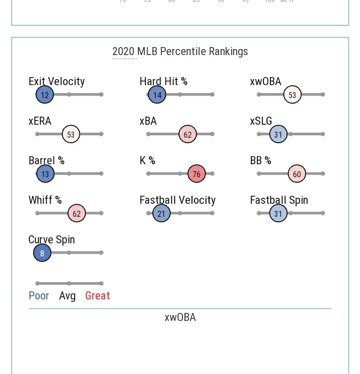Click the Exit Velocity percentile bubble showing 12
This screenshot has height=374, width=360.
44,95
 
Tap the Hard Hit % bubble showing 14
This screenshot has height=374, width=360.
157,95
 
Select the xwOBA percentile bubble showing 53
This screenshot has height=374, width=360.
292,95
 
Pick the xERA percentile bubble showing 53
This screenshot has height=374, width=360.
71,134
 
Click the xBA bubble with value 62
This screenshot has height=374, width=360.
187,134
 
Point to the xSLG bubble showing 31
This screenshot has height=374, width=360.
278,134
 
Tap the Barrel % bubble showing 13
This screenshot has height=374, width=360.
45,174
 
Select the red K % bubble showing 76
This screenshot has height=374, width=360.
196,174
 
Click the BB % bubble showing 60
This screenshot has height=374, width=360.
296,174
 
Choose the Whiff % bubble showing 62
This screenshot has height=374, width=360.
76,213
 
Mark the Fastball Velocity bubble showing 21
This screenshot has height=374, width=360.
161,213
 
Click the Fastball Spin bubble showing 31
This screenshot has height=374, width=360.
278,213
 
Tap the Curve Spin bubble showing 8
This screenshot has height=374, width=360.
42,253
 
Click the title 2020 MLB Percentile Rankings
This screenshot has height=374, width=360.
180,52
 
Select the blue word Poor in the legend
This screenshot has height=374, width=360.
38,296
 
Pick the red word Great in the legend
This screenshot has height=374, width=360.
97,296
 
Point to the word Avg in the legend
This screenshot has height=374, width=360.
67,296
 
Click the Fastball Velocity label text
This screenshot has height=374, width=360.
177,200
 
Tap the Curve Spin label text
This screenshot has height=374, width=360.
51,240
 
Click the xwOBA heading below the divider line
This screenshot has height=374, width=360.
180,317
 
